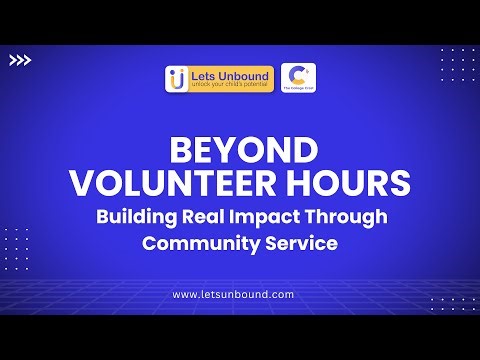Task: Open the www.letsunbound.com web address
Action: tap(233, 294)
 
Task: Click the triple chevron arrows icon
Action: tap(20, 60)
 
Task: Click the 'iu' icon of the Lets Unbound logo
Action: tap(178, 79)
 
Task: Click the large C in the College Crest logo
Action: tap(295, 75)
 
